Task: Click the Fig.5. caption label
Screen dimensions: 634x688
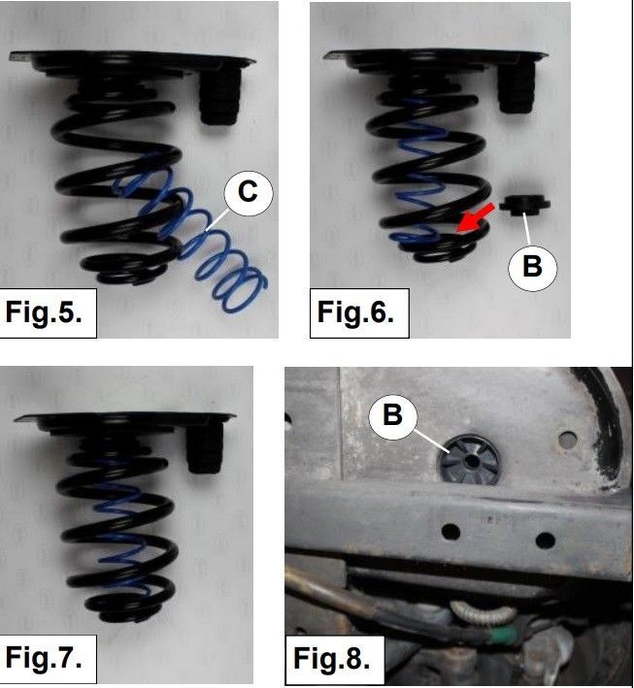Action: tap(44, 311)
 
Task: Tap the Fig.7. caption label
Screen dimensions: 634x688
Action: tap(44, 658)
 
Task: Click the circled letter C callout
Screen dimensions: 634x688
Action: tap(249, 192)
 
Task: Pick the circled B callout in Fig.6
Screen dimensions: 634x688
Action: tap(533, 266)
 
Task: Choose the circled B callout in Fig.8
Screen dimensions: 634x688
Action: tap(392, 414)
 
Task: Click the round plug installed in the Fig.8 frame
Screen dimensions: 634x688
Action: tap(469, 460)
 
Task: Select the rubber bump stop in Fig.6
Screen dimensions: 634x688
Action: tap(517, 87)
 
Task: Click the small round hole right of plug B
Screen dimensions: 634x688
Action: tap(568, 438)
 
